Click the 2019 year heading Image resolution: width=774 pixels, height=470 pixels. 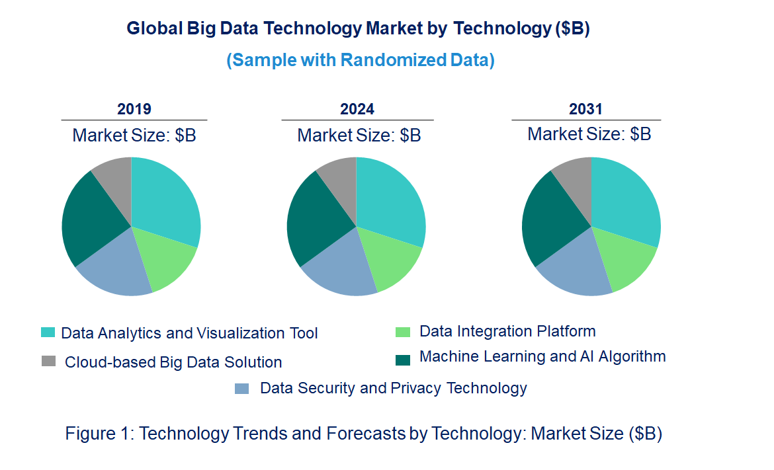click(x=134, y=109)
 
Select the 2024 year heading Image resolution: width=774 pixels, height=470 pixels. click(x=357, y=109)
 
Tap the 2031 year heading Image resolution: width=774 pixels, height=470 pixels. click(x=585, y=109)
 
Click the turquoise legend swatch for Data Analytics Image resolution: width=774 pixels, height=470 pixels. click(x=48, y=333)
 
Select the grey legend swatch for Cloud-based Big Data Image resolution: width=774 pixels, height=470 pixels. click(x=48, y=362)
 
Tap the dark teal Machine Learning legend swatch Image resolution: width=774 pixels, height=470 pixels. click(x=402, y=359)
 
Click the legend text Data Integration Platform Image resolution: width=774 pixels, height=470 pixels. click(x=507, y=331)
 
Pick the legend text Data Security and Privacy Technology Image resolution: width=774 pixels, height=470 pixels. click(x=394, y=388)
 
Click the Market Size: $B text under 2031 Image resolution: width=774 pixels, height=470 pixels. click(x=589, y=134)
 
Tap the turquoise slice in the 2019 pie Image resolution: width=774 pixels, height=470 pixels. click(x=165, y=198)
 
